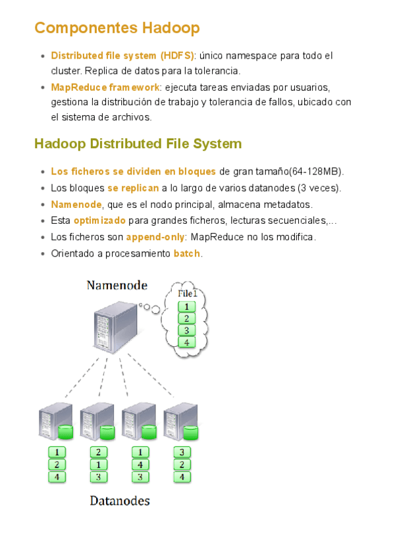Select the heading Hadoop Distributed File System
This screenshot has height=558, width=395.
(138, 143)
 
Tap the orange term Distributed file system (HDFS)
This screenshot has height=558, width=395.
(123, 56)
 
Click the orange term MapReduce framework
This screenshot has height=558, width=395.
(105, 87)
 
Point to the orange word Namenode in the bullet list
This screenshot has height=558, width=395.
(76, 205)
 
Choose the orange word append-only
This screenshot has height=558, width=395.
(155, 237)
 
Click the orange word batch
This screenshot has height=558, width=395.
(188, 253)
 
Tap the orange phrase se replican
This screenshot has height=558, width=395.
(133, 188)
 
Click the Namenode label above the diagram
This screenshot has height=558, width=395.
(117, 285)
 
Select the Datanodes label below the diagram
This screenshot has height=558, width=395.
(120, 501)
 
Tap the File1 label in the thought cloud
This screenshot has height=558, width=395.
(187, 293)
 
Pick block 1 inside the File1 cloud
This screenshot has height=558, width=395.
(187, 307)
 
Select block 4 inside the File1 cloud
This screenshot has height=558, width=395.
(187, 342)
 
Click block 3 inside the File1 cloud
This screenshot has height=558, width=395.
(187, 330)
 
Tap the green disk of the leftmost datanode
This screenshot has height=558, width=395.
(65, 432)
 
